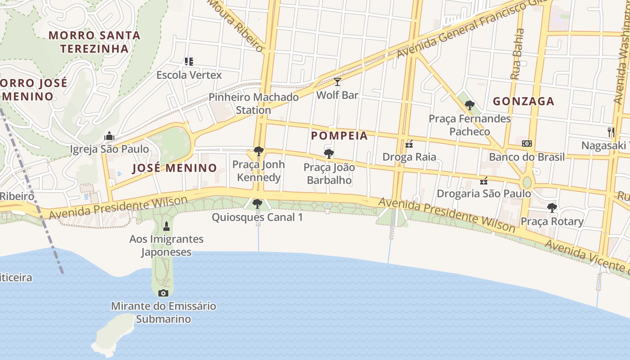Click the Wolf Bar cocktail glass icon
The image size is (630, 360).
(x=337, y=82)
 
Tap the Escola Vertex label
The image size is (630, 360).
(x=189, y=75)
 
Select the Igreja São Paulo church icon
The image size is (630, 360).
(x=109, y=136)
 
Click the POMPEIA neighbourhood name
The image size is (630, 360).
(x=340, y=135)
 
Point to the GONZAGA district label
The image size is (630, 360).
(x=523, y=101)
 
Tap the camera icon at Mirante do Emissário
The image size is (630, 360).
(x=163, y=293)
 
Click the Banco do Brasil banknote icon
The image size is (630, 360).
(x=526, y=144)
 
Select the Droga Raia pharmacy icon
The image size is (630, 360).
(x=409, y=144)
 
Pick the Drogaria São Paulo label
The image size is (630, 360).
(x=484, y=194)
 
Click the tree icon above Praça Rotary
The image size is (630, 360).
(x=552, y=208)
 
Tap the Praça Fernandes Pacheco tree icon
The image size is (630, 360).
(x=470, y=105)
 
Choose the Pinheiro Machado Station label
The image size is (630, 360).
(x=254, y=103)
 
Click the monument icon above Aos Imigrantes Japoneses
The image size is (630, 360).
(x=166, y=226)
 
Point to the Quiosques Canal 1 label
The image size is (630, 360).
(x=257, y=217)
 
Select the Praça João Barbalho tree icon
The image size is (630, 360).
(x=329, y=154)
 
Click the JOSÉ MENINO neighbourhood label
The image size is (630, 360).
(x=175, y=168)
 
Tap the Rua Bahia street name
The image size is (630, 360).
(x=518, y=54)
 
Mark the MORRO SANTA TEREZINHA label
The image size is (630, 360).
(x=94, y=42)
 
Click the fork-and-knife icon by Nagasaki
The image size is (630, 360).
(x=611, y=132)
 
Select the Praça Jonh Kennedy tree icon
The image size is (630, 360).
(x=258, y=151)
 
